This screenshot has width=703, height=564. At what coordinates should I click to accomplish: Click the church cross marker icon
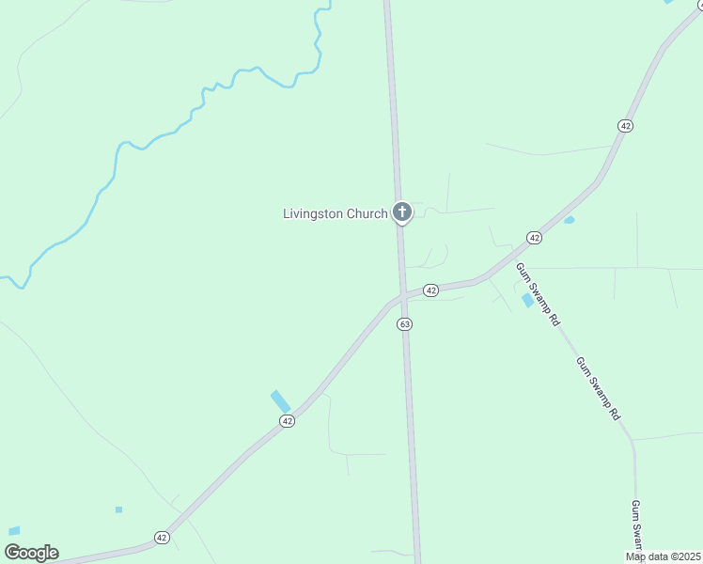402,211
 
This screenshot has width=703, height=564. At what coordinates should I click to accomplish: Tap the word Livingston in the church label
314,213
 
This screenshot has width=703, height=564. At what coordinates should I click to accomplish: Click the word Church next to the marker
367,213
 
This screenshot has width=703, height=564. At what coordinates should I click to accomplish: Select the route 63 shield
404,324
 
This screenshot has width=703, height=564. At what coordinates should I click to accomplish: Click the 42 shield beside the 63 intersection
430,290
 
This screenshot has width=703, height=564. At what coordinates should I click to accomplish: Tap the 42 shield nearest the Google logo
162,538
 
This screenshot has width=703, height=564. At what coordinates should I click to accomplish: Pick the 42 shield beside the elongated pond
288,421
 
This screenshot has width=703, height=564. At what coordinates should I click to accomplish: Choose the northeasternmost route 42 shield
626,125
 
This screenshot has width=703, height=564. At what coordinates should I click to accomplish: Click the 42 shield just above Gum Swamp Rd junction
534,238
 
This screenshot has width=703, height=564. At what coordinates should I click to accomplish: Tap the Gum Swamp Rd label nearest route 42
538,293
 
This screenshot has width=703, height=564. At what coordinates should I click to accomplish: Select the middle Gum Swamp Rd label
598,387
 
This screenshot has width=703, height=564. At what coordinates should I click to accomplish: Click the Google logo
31,553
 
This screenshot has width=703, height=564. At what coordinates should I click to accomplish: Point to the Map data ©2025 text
664,556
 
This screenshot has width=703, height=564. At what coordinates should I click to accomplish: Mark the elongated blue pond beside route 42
280,400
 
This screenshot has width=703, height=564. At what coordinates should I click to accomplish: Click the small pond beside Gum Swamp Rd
527,301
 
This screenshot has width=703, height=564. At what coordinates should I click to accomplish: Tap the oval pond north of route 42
569,220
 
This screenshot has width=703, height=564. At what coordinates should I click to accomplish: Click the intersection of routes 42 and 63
401,297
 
